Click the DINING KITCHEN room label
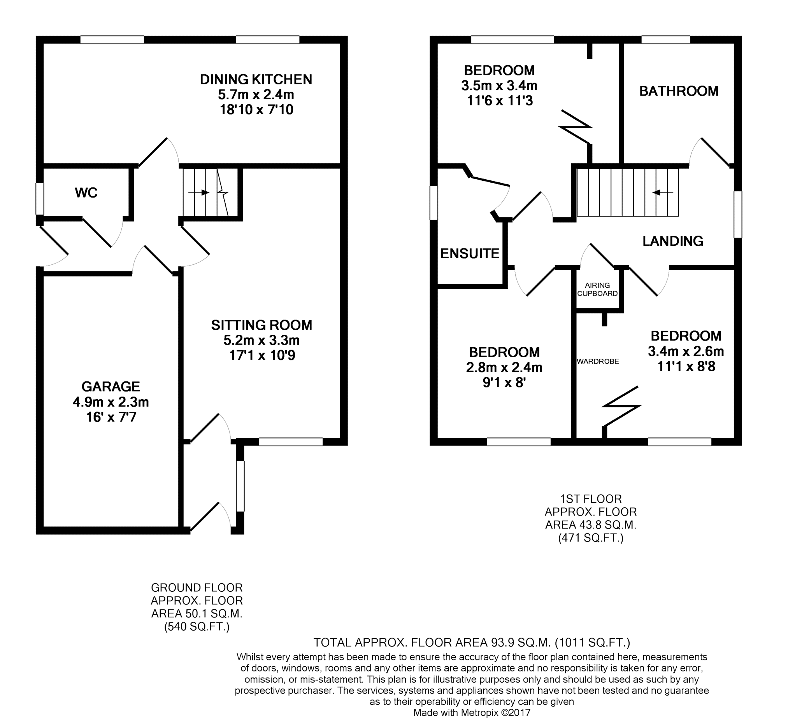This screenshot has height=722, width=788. pos(256,79)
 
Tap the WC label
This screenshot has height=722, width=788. pos(86,192)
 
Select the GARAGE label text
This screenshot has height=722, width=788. pos(111,386)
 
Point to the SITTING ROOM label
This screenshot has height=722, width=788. pos(261,325)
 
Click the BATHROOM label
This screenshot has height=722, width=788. pos(679,91)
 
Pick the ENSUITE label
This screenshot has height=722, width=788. pos(470,253)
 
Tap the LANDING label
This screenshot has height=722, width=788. pos(673,241)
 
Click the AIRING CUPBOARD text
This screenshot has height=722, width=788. pos(597,290)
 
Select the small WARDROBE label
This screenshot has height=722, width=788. pos(598,362)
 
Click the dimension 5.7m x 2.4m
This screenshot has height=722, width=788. pos(256,94)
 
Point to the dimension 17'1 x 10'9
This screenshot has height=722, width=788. pos(261,355)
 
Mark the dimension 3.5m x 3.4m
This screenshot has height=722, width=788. pos(499,86)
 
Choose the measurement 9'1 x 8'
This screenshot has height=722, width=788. pos(504,383)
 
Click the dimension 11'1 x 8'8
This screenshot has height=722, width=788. pos(686,367)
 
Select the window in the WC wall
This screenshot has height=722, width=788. pos(40,199)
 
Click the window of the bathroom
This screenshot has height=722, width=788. pos(665,39)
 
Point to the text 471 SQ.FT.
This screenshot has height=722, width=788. pos(590,538)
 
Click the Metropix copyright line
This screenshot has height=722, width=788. pos(472,712)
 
